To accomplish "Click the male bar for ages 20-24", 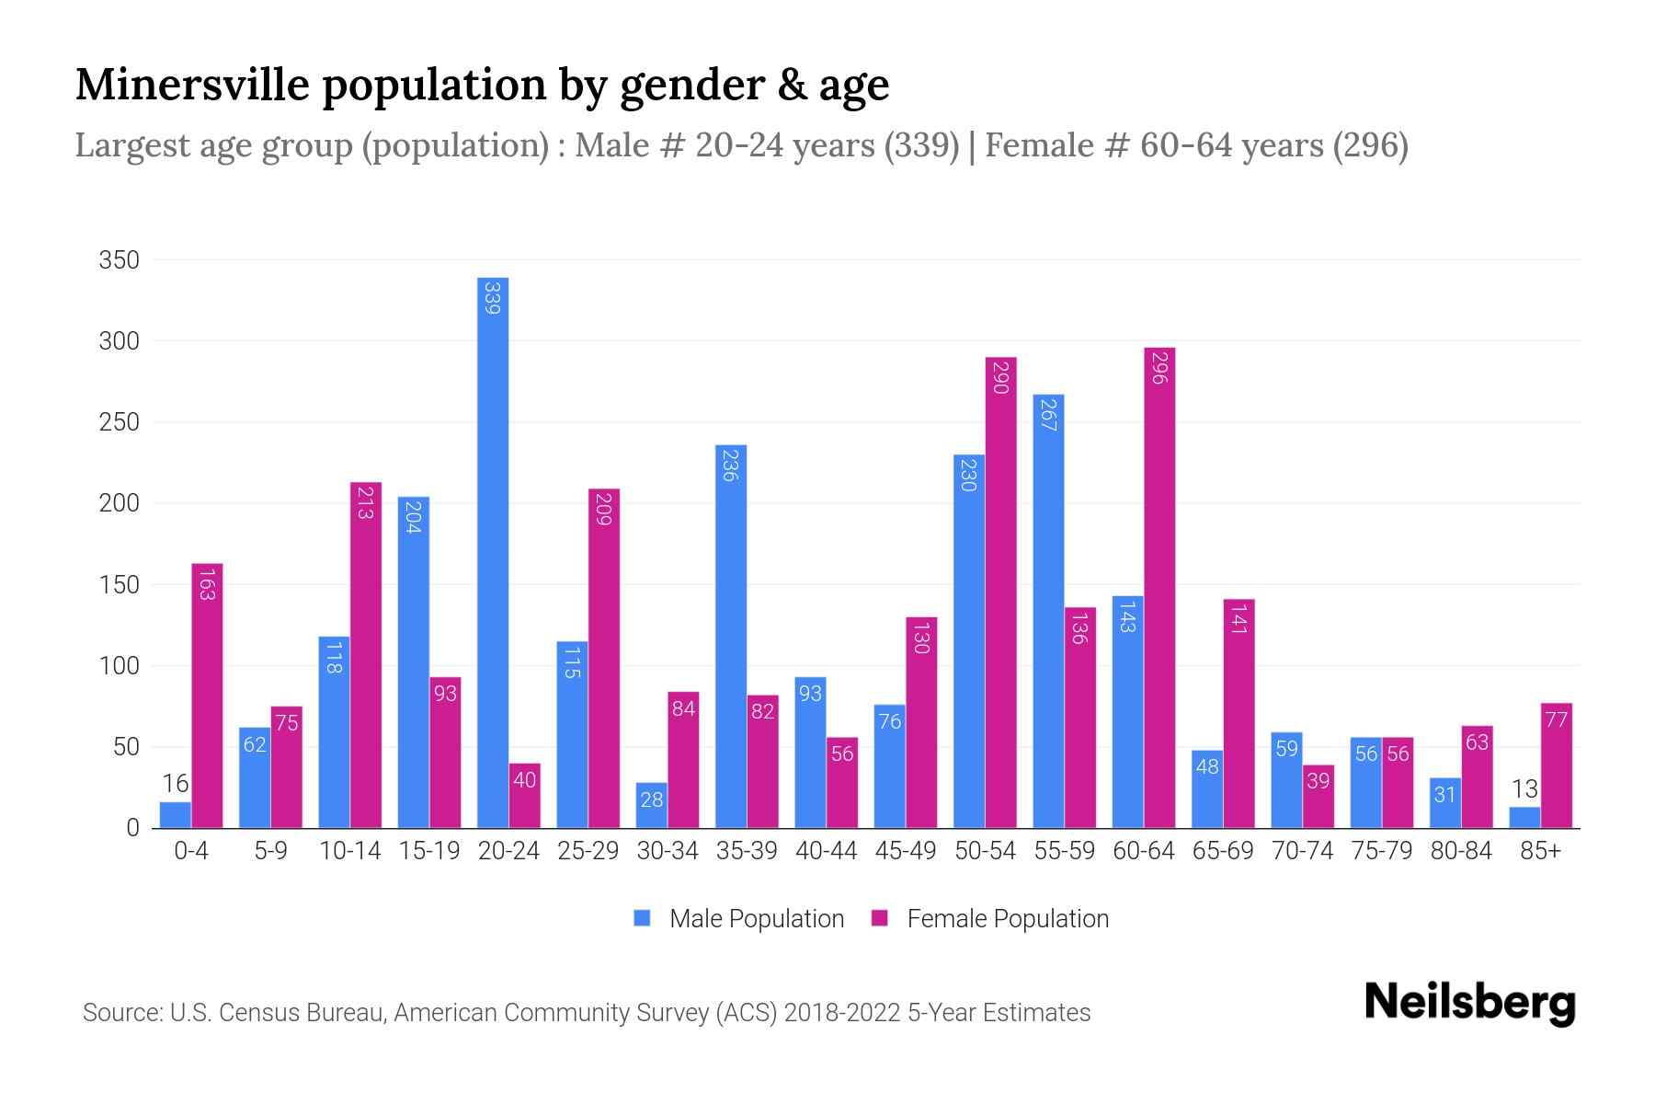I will pyautogui.click(x=493, y=552).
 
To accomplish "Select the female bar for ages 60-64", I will pyautogui.click(x=1159, y=589).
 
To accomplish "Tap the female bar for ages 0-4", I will pyautogui.click(x=207, y=696).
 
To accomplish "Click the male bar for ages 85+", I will pyautogui.click(x=1524, y=817).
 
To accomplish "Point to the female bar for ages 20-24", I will pyautogui.click(x=524, y=796).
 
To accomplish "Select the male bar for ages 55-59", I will pyautogui.click(x=1048, y=612).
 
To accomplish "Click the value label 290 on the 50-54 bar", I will pyautogui.click(x=1001, y=378).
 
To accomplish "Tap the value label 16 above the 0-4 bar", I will pyautogui.click(x=176, y=784).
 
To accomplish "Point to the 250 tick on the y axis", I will pyautogui.click(x=120, y=422).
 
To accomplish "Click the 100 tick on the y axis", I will pyautogui.click(x=120, y=666).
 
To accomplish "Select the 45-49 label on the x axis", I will pyautogui.click(x=906, y=851).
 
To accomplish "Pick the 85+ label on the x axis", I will pyautogui.click(x=1540, y=851).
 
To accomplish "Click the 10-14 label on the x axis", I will pyautogui.click(x=349, y=851).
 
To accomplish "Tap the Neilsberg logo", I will pyautogui.click(x=1469, y=1003).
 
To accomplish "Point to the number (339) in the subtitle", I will pyautogui.click(x=921, y=145).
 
